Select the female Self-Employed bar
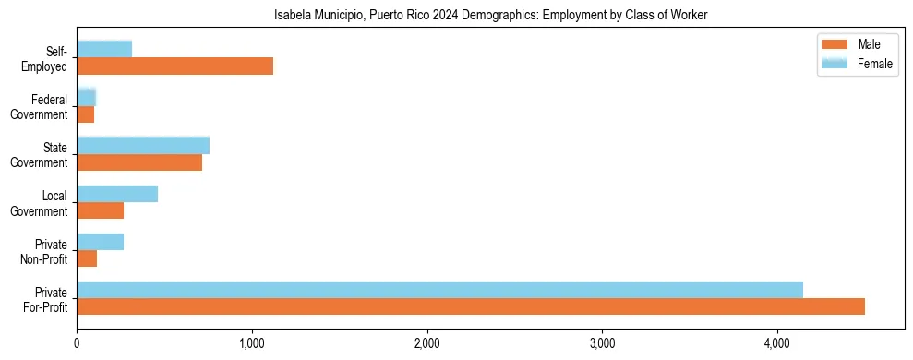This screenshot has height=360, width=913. click(x=104, y=49)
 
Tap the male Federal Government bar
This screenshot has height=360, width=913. click(x=85, y=114)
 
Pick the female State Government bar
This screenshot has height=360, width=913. click(x=143, y=145)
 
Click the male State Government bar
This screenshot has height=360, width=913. click(x=139, y=162)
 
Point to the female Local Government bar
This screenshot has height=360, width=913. click(x=117, y=194)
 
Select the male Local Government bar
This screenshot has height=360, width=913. click(x=100, y=210)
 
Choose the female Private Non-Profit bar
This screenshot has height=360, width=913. click(x=100, y=242)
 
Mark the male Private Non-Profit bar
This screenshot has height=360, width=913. click(x=87, y=258)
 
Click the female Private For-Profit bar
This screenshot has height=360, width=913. click(x=439, y=290)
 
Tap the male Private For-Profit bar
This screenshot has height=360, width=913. click(x=471, y=306)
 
